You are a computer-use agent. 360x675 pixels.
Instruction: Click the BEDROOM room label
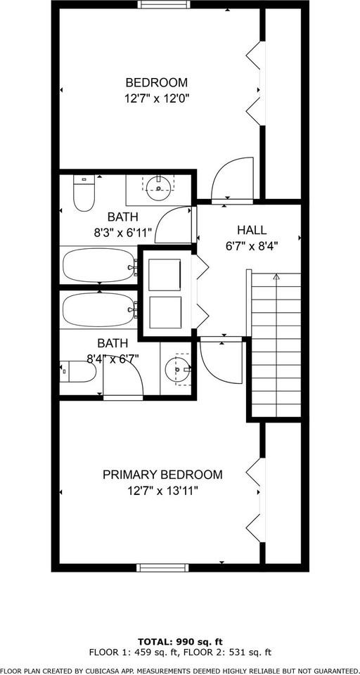[156, 82]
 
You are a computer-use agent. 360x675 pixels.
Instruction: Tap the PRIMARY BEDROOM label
[162, 475]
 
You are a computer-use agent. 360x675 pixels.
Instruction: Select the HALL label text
[252, 230]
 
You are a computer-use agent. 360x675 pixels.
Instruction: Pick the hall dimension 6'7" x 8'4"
[252, 246]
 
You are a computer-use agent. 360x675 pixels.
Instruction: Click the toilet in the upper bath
[84, 195]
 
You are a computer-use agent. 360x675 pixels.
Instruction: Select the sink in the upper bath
[160, 186]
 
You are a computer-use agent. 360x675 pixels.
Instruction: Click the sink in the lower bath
[179, 369]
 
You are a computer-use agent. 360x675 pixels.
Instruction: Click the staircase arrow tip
[277, 277]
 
